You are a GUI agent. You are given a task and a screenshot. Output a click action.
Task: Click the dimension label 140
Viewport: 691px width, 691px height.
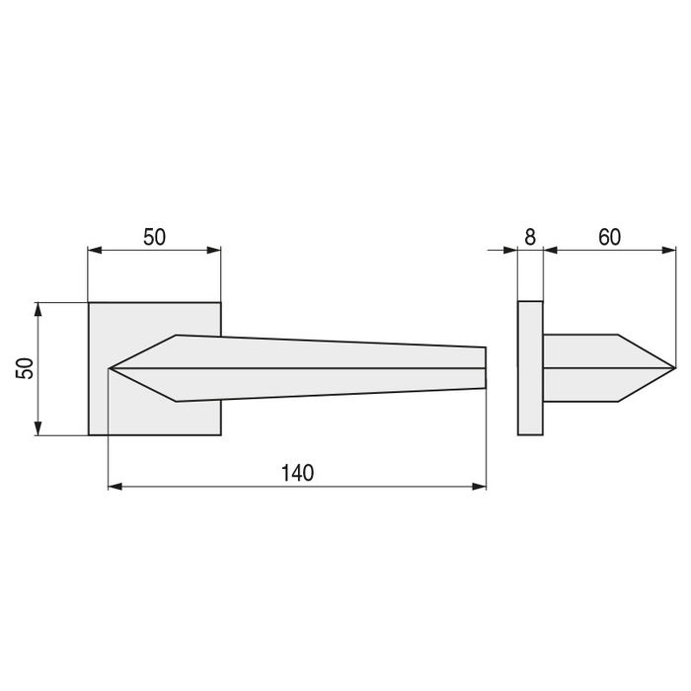[x=296, y=473]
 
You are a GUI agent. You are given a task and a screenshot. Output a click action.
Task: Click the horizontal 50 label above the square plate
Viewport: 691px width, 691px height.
[x=155, y=237]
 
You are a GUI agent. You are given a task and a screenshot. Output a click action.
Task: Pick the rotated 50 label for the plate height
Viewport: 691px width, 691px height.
[x=26, y=368]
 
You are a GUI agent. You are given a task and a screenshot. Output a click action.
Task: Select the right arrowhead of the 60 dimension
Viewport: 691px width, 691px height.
[x=669, y=251]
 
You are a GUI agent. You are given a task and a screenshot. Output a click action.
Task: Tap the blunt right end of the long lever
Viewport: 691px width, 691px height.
[x=486, y=367]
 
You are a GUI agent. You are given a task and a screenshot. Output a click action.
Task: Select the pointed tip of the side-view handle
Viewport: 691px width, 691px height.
[x=674, y=368]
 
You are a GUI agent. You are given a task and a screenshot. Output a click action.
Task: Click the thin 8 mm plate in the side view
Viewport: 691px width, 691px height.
[x=530, y=368]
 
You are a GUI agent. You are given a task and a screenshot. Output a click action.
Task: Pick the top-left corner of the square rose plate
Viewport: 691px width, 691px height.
[x=89, y=302]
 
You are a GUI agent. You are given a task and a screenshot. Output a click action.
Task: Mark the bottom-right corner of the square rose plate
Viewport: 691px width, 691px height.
[x=220, y=434]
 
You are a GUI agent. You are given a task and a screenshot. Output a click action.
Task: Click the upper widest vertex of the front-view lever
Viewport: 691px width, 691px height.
[x=177, y=336]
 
